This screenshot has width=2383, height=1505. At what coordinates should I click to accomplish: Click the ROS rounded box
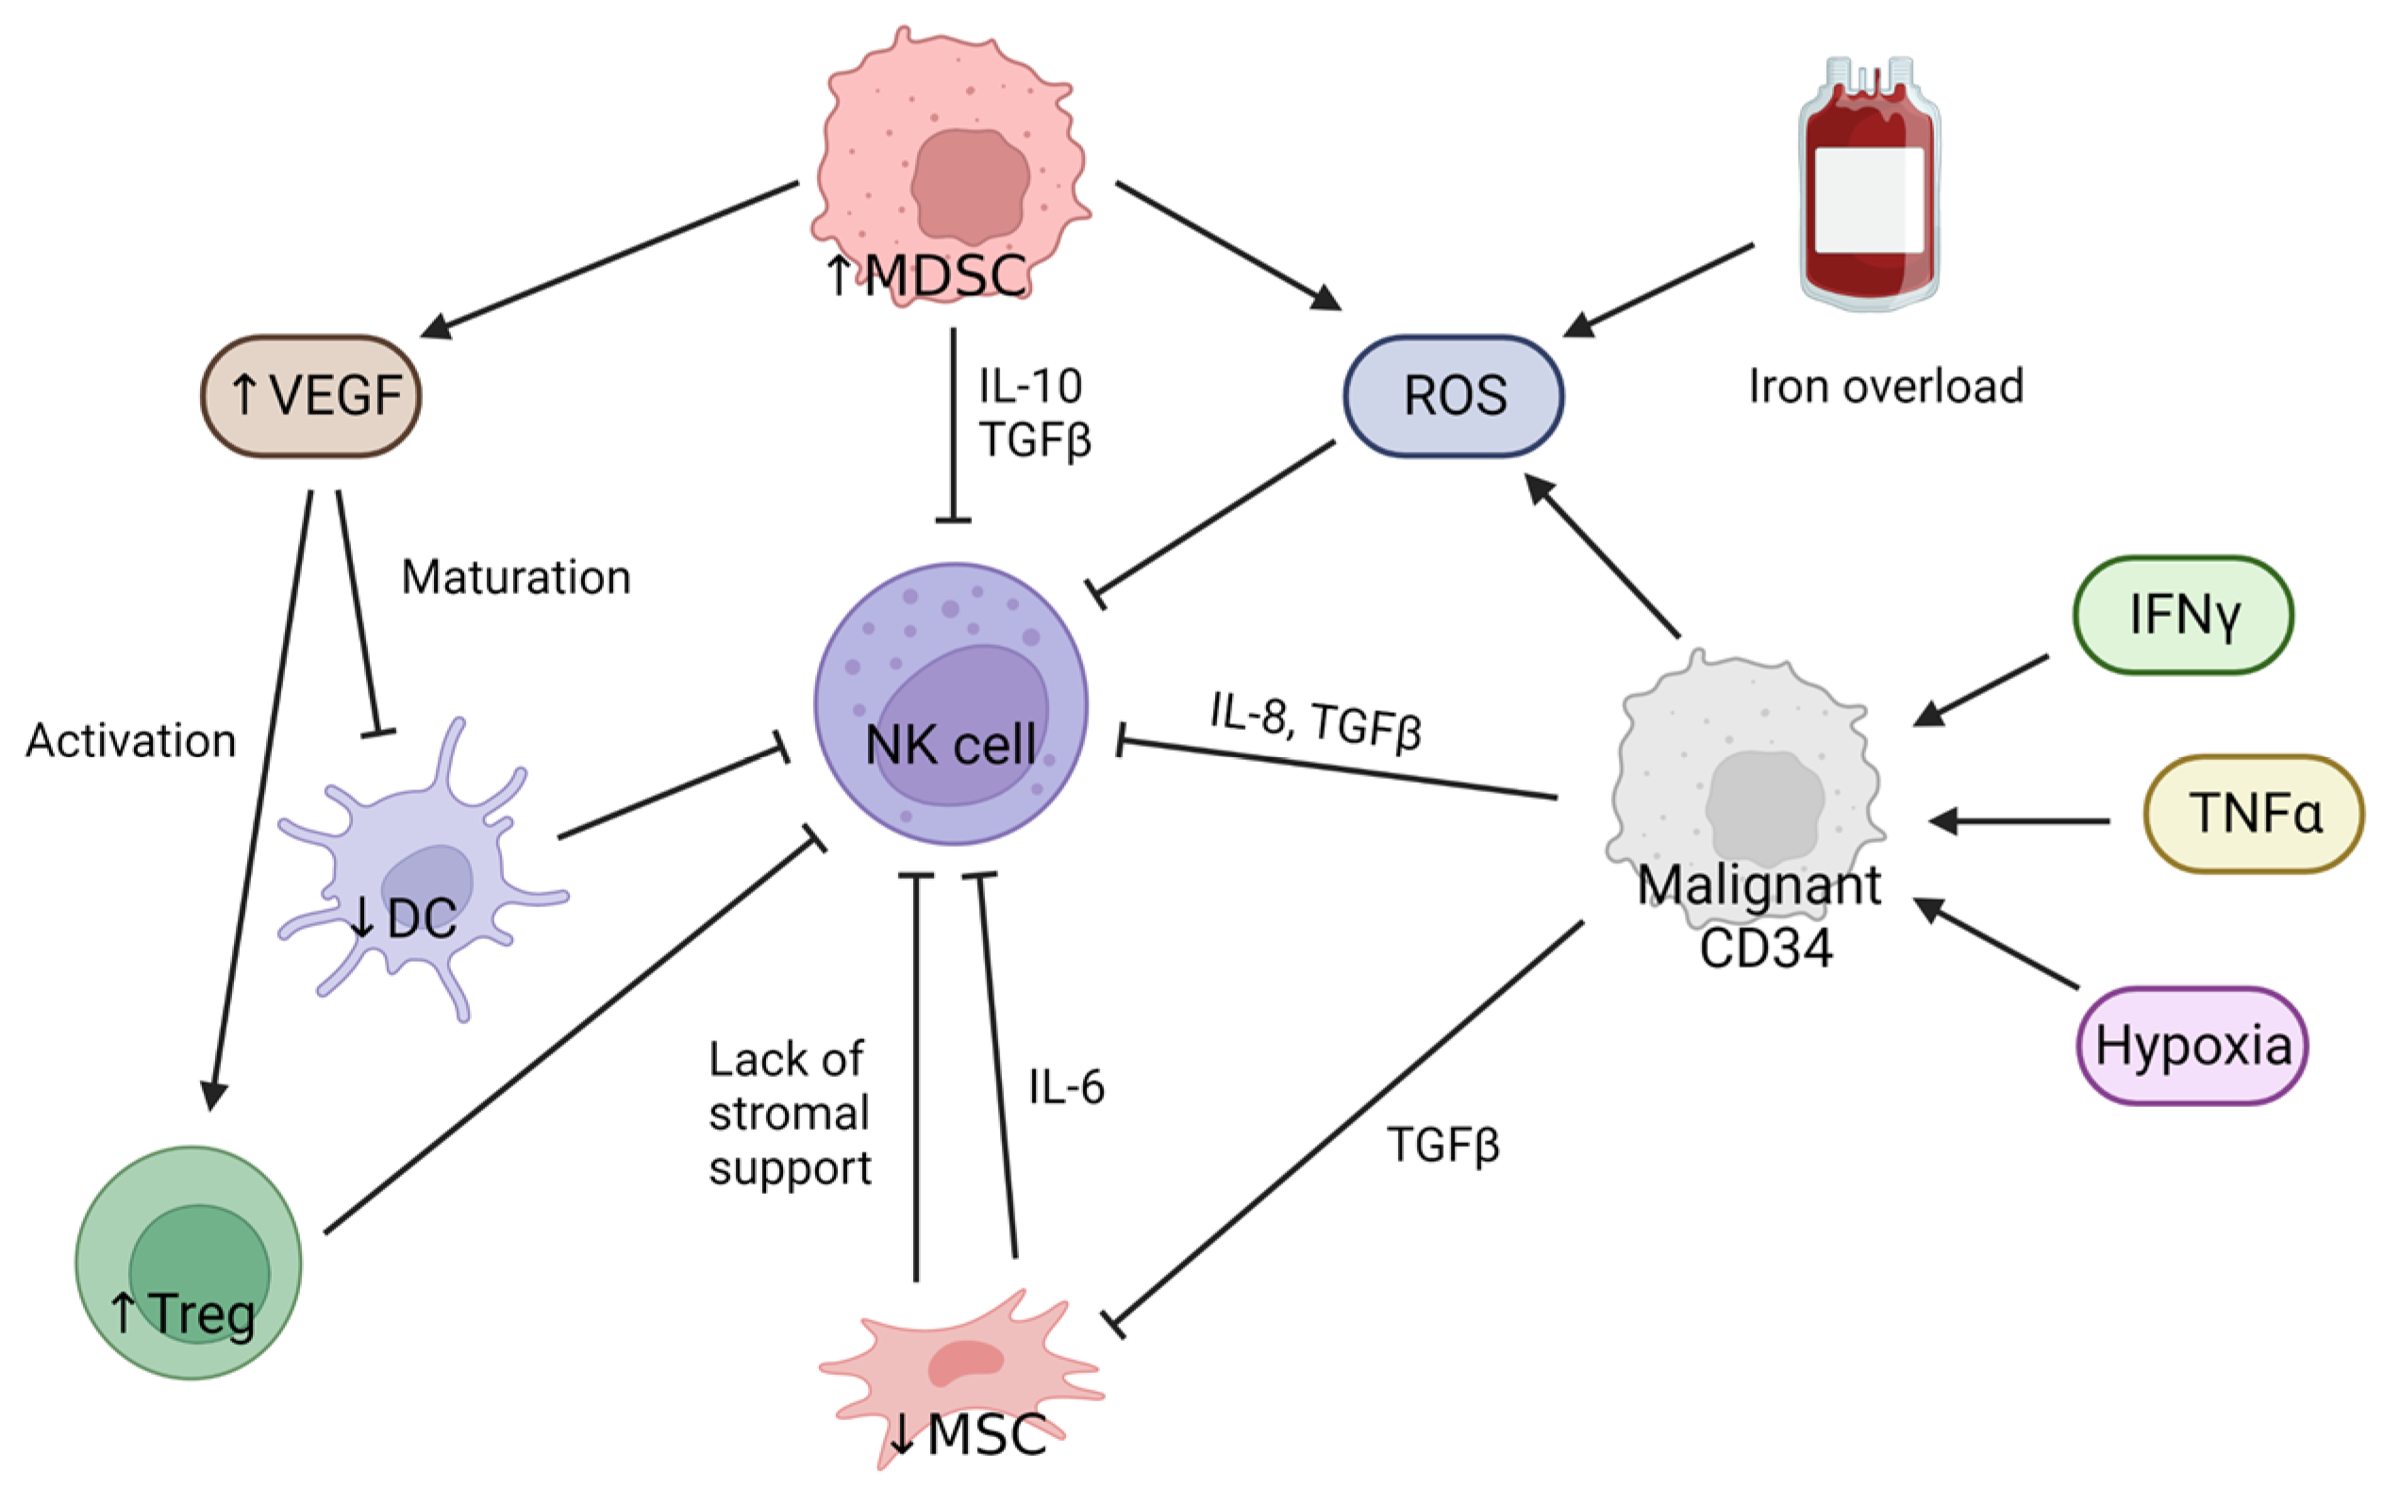click(1453, 396)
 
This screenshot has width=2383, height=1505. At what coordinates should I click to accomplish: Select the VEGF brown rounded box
click(311, 396)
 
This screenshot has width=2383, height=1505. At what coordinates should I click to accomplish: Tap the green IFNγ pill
click(2183, 615)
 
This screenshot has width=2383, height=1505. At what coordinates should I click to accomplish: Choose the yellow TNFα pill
click(2254, 814)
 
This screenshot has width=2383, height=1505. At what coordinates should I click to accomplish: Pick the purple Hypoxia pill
click(2192, 1046)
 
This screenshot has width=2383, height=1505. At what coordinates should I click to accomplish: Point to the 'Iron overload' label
click(1885, 386)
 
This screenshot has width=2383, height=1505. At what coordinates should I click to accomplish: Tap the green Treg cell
click(188, 1262)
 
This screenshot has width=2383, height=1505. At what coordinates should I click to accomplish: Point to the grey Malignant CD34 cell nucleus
click(1764, 806)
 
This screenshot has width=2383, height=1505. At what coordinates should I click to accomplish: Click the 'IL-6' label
click(1066, 1086)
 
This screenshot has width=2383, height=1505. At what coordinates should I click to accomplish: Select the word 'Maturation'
click(516, 577)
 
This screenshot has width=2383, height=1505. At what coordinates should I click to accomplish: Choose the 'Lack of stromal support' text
click(789, 1113)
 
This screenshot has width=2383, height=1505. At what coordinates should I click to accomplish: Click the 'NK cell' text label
click(950, 744)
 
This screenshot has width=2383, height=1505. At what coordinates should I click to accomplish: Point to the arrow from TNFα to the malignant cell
click(2019, 820)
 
